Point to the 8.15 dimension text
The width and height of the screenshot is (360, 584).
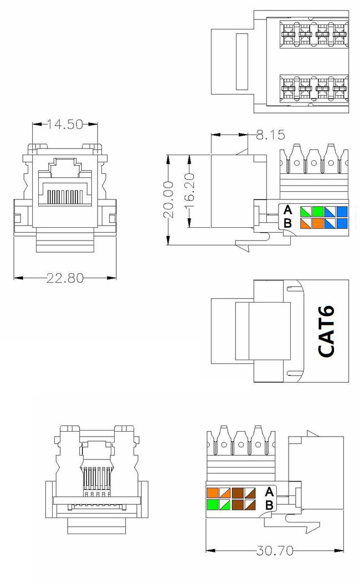click(270, 134)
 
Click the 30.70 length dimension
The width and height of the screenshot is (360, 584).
click(274, 551)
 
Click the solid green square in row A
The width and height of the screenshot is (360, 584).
click(317, 211)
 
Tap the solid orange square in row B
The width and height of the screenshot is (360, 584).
click(317, 223)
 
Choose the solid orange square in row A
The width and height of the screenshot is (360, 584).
click(213, 492)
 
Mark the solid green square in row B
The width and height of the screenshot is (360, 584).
click(213, 504)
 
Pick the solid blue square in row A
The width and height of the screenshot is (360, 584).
click(342, 211)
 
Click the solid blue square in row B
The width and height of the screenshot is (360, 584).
click(342, 223)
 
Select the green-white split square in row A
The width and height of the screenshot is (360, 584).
click(305, 211)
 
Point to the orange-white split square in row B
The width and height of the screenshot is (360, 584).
click(305, 223)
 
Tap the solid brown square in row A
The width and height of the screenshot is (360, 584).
click(238, 492)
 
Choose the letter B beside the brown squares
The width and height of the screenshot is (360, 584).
click(269, 504)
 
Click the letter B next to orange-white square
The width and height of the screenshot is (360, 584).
click(287, 223)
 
